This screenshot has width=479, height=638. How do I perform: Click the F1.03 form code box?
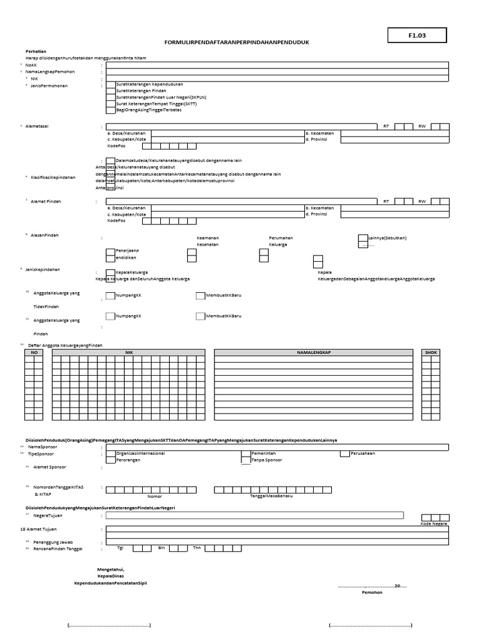tap(417, 36)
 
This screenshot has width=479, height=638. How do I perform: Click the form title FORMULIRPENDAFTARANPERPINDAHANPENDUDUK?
tap(236, 42)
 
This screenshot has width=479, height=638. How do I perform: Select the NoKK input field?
tap(277, 65)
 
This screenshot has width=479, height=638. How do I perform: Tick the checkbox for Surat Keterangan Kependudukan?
tap(110, 84)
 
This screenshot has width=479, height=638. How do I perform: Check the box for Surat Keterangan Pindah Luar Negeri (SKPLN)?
tap(110, 97)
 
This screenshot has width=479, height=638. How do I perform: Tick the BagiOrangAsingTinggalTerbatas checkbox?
tap(110, 110)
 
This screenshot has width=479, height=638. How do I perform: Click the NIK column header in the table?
tap(129, 353)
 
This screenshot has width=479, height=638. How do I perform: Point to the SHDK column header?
tap(431, 353)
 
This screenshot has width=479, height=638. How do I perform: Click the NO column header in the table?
tap(34, 353)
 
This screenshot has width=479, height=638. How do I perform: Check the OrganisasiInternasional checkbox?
tap(110, 454)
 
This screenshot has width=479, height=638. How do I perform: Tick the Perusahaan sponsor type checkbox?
tap(344, 454)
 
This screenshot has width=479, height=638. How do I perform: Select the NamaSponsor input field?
tap(277, 447)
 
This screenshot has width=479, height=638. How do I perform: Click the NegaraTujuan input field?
tap(254, 515)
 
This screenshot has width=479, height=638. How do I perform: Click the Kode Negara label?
tap(435, 524)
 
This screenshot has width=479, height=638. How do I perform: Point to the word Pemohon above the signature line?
tap(372, 593)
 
